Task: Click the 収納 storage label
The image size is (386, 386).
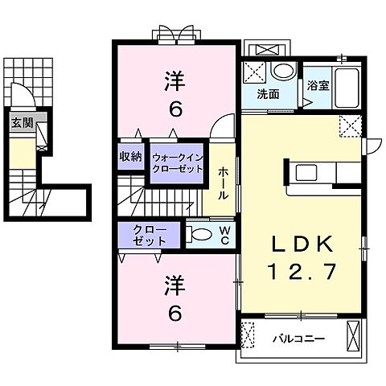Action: pos(131,156)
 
